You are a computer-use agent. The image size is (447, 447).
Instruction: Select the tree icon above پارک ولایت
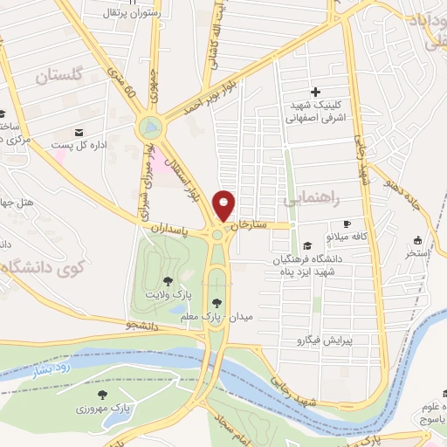coord(168,280)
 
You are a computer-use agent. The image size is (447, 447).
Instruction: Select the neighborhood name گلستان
coord(60,76)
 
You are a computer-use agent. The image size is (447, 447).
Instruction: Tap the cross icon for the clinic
coord(315,92)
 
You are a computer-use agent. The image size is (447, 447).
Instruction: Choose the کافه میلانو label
coord(348,237)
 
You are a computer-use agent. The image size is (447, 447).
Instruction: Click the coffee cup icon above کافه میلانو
coord(347,223)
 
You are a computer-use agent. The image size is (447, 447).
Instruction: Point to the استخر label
coord(418,255)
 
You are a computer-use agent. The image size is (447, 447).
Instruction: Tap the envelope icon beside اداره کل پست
coord(79,132)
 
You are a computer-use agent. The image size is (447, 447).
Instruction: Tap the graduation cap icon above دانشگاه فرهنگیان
coord(306,246)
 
